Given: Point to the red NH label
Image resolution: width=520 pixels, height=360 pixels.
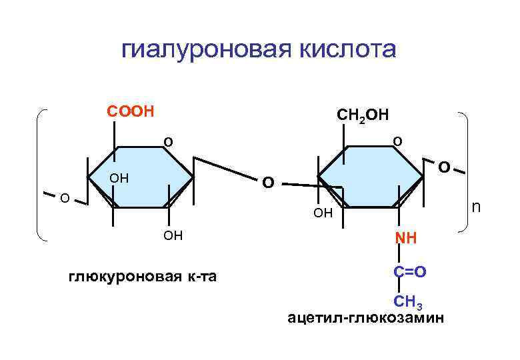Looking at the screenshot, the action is pyautogui.click(x=405, y=238).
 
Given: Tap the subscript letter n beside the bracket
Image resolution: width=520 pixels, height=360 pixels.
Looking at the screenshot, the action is pyautogui.click(x=475, y=208).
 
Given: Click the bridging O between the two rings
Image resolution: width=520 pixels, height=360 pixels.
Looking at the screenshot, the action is pyautogui.click(x=267, y=181).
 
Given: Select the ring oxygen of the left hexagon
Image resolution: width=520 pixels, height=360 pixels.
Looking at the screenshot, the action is pyautogui.click(x=168, y=142).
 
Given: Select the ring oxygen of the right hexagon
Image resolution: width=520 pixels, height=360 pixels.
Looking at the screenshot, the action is pyautogui.click(x=397, y=141).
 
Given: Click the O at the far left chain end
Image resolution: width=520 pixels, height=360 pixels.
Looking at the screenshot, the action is pyautogui.click(x=64, y=197).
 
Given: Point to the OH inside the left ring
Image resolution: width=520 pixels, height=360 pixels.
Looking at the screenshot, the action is pyautogui.click(x=119, y=179).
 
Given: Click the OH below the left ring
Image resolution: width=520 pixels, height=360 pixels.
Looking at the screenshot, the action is pyautogui.click(x=173, y=237).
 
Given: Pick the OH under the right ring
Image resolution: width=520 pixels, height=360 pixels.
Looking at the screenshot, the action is pyautogui.click(x=323, y=214).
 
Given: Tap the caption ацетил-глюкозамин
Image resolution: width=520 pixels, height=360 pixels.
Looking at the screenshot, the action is pyautogui.click(x=365, y=317).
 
